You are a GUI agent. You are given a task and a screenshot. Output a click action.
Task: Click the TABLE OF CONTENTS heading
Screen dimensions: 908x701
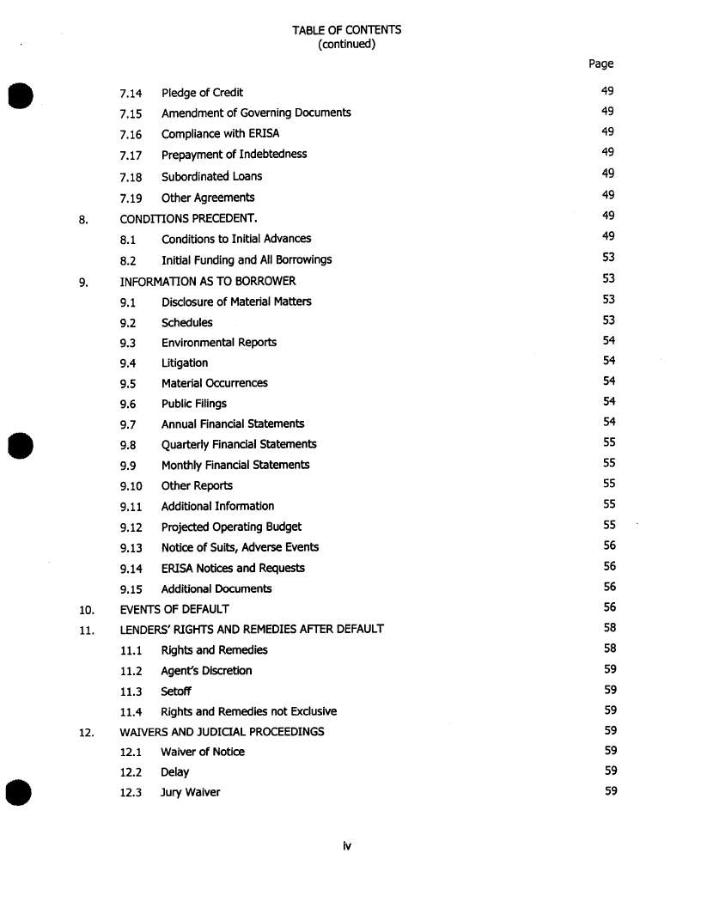[346, 30]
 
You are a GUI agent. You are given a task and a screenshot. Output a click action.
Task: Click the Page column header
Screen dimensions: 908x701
[600, 64]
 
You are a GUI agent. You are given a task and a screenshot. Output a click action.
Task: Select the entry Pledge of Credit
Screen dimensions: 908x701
[202, 93]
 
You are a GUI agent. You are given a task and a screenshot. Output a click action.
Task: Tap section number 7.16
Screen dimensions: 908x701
[131, 134]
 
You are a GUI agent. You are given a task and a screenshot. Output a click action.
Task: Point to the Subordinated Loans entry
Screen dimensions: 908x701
[211, 176]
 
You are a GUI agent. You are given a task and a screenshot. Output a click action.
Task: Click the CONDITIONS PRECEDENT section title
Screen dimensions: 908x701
[188, 218]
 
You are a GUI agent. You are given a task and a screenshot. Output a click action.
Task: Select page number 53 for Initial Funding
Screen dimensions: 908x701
[608, 257]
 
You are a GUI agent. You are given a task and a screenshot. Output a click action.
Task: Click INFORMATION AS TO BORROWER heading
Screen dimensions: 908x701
[207, 281]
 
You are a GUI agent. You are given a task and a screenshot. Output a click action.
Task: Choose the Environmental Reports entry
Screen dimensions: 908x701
[218, 342]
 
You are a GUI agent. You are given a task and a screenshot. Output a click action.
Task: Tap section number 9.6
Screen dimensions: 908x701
[128, 404]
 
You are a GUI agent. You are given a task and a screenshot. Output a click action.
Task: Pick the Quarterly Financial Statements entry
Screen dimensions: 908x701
[239, 444]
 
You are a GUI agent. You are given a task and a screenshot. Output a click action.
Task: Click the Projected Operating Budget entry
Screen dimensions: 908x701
[231, 527]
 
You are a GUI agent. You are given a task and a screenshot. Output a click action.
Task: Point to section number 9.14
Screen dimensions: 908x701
[131, 569]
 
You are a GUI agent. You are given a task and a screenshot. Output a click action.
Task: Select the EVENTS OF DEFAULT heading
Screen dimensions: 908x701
[174, 609]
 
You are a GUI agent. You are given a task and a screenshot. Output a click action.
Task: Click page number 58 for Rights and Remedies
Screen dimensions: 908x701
[610, 649]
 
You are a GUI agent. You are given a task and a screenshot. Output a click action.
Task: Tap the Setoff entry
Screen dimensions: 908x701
[176, 691]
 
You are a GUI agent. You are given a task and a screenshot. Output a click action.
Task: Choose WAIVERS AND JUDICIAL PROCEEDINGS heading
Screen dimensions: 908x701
[222, 732]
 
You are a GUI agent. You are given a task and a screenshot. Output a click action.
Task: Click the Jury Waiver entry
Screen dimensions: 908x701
[190, 792]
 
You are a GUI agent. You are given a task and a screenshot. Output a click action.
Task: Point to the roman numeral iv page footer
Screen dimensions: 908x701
[346, 846]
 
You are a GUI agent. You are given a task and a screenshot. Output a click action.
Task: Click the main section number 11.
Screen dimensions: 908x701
[86, 630]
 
